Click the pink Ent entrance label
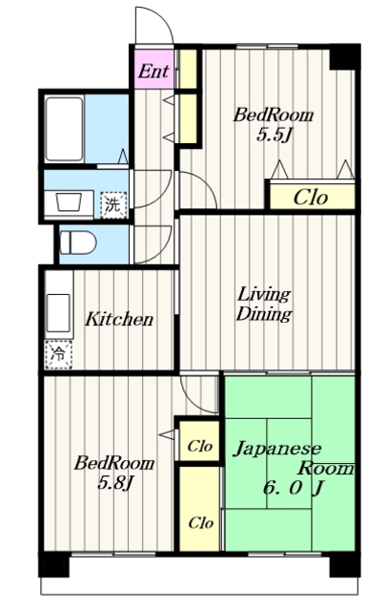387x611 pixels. [153, 72]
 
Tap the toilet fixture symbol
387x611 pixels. [78, 243]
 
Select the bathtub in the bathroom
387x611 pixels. [64, 130]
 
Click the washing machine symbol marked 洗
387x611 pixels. [113, 205]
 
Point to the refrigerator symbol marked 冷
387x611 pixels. [58, 354]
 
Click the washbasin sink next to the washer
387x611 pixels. [69, 202]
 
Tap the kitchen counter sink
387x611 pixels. [59, 313]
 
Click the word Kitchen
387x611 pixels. [119, 319]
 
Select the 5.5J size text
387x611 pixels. [274, 136]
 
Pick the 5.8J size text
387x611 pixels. [115, 484]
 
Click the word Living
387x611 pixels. [264, 295]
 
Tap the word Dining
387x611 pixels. [264, 314]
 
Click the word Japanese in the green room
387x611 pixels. [277, 450]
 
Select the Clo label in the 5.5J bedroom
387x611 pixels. [311, 198]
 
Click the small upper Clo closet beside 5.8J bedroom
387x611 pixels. [199, 446]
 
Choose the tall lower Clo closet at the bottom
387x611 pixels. [200, 509]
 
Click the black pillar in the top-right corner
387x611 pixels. [344, 57]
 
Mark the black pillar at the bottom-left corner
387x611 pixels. [53, 563]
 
